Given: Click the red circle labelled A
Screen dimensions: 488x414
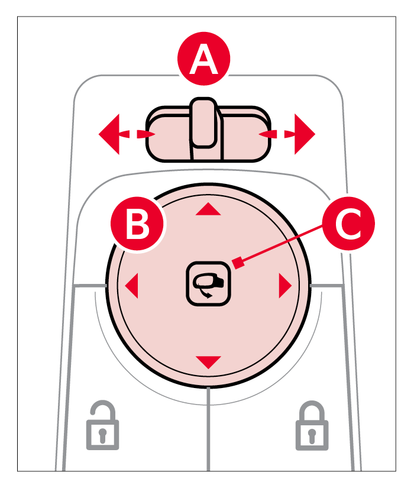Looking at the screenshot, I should pos(204,62).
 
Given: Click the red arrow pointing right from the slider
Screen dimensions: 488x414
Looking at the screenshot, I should pos(304,134).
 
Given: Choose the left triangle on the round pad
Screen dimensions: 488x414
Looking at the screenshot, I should pos(131,286).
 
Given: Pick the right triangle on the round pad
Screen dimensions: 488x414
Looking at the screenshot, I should pos(286,286).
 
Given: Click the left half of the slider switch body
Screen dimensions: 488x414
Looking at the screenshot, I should pos(169,135).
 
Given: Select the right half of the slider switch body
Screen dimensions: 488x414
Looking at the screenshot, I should pos(242,135).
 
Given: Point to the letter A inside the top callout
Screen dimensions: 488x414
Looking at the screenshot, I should pos(204,62).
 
